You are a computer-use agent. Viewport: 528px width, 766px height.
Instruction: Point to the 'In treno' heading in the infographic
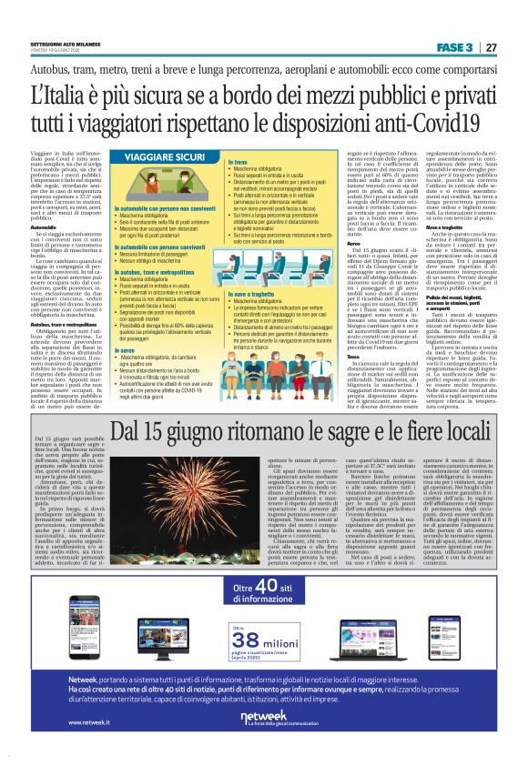[238, 161]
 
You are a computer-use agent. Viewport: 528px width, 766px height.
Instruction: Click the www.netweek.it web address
[90, 748]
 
